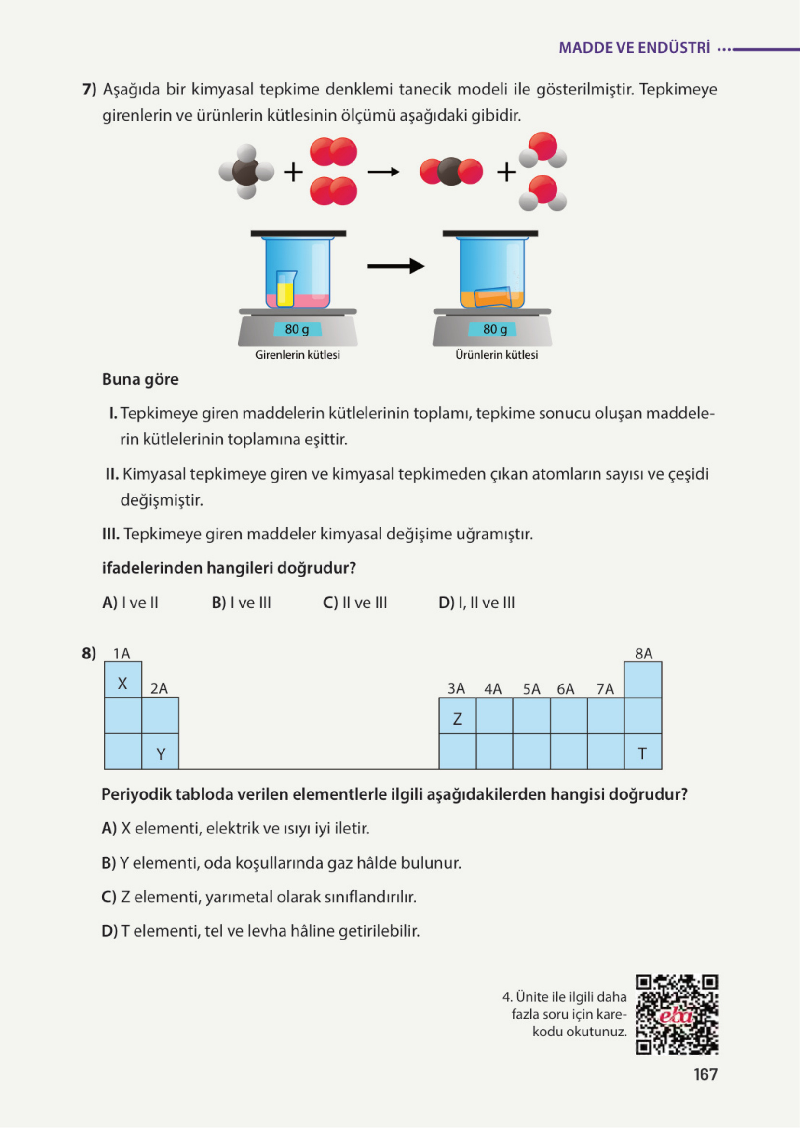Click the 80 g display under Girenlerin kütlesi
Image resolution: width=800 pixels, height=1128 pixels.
coord(297,329)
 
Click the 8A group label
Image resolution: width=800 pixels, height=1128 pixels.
coord(643,653)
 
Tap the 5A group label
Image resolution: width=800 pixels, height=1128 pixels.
coord(531,689)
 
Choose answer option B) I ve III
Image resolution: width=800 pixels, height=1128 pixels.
coord(242,603)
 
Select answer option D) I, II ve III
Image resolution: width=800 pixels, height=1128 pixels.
coord(476,603)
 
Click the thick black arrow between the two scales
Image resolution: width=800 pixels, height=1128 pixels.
coord(395,266)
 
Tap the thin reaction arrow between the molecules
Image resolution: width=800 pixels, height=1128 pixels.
coord(383,172)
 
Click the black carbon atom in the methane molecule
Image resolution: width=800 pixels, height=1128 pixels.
coord(245,172)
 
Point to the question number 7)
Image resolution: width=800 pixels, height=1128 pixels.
coord(89,90)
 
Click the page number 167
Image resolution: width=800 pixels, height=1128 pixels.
coord(705,1074)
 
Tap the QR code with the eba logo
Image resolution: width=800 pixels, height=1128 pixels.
coord(677,1014)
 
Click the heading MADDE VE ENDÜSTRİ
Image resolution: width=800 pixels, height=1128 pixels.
coord(634,48)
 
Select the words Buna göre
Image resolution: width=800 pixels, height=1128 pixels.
coord(140,379)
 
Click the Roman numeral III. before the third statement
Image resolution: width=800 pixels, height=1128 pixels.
coord(111,534)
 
